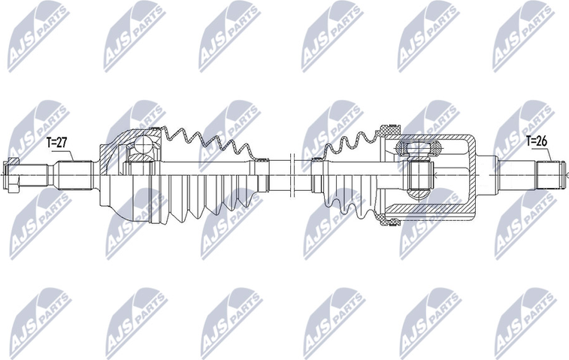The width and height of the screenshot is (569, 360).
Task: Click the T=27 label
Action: pyautogui.click(x=58, y=141)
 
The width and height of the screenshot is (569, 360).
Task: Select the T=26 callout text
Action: pyautogui.click(x=537, y=140)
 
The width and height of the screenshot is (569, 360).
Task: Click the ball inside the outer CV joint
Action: pyautogui.click(x=141, y=149)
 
